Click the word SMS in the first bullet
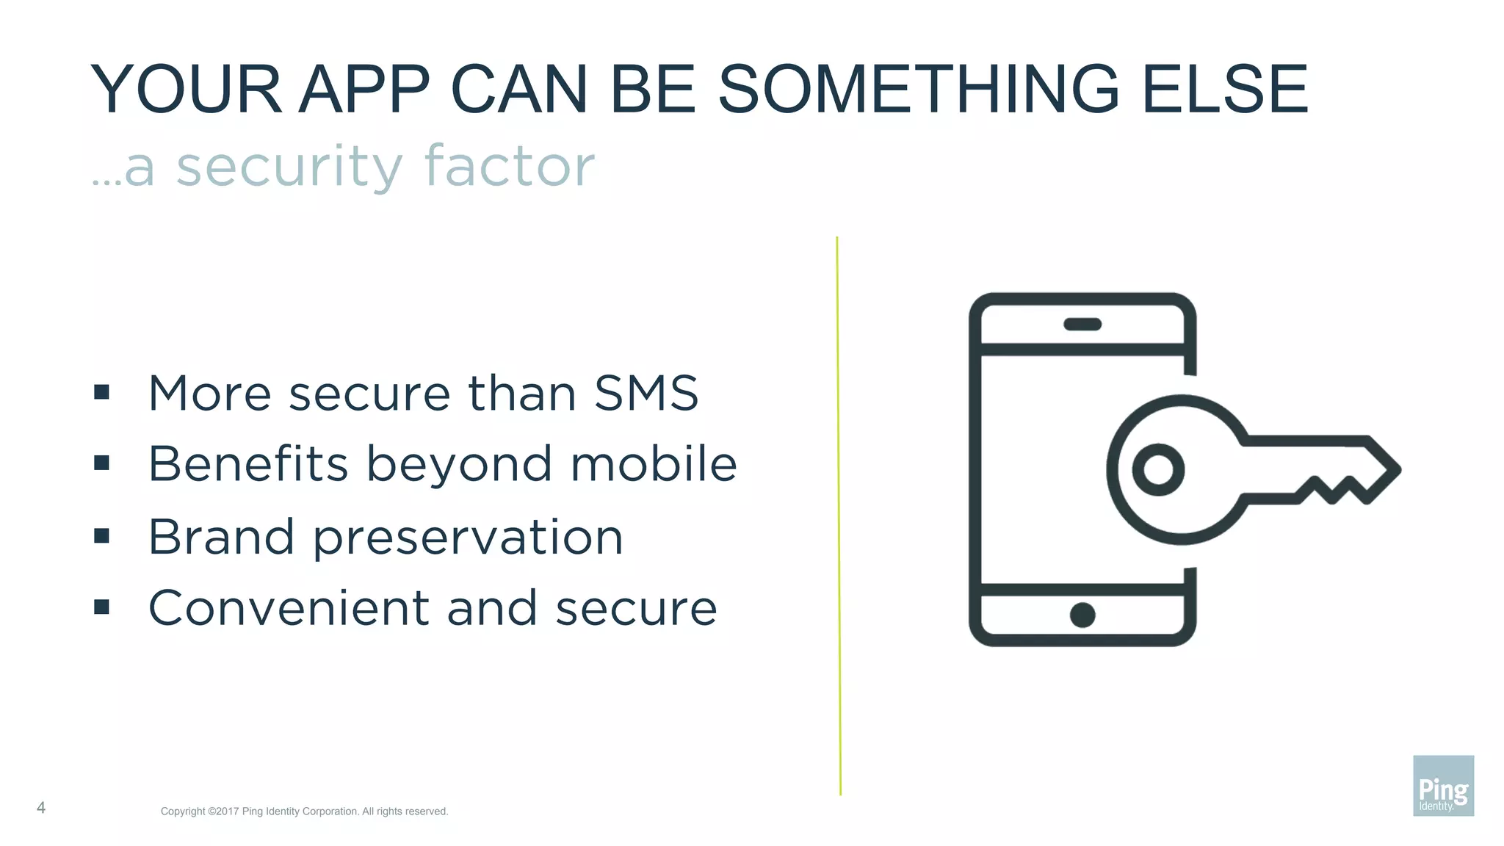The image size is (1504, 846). [x=646, y=393]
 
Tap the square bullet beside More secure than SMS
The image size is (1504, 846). [x=102, y=392]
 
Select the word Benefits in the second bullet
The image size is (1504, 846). [x=248, y=464]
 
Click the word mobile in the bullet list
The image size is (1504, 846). [x=654, y=464]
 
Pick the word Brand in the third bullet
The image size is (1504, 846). [x=221, y=536]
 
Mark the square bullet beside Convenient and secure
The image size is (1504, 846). [x=102, y=607]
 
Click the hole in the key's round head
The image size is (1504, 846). [x=1158, y=469]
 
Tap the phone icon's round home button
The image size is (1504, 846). [x=1082, y=615]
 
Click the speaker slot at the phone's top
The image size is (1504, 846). [x=1082, y=324]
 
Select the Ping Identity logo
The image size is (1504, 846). [x=1443, y=786]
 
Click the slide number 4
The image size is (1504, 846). [x=41, y=808]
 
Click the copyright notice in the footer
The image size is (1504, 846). [x=304, y=811]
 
